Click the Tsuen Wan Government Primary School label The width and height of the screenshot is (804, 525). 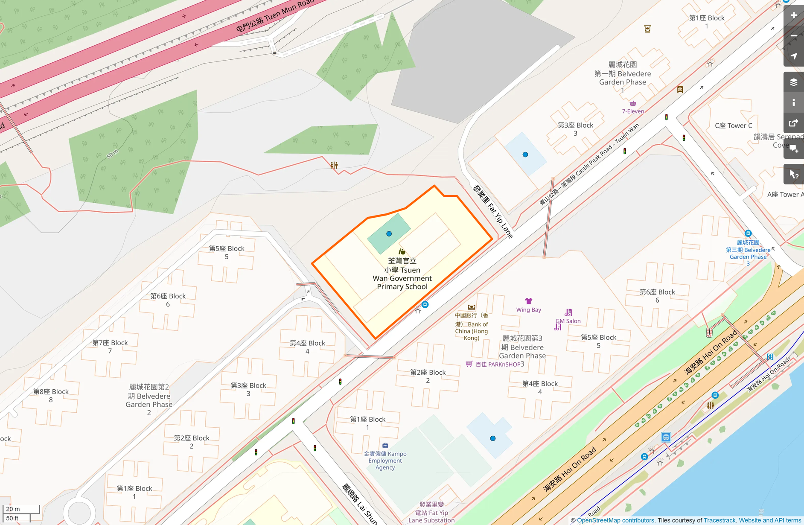pos(402,274)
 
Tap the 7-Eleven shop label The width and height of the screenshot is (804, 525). pos(633,111)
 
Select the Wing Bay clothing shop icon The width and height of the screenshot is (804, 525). pos(529,301)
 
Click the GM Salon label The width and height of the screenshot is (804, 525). pos(568,321)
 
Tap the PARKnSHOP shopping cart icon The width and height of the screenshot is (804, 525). pos(469,364)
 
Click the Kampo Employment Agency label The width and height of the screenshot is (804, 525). pos(385,461)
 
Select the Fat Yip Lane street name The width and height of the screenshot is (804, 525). pos(493,212)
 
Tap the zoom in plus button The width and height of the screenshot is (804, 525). pos(794,15)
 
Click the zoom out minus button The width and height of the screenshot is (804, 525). pos(794,36)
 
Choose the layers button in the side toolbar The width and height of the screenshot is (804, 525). pos(794,82)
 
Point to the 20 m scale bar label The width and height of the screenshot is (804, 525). pos(13,509)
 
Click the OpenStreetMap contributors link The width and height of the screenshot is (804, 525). pos(615,520)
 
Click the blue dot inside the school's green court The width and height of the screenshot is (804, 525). pos(389,234)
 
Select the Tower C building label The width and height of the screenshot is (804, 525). pos(733,125)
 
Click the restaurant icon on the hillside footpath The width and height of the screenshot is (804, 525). pos(334,165)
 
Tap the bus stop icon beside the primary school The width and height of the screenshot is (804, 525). pos(425,304)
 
